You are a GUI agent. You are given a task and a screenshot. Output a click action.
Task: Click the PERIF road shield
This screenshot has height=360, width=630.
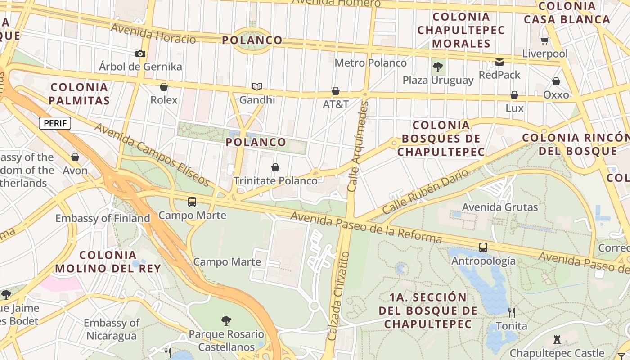[55, 123]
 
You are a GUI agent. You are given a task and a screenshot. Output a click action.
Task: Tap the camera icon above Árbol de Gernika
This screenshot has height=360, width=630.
[140, 54]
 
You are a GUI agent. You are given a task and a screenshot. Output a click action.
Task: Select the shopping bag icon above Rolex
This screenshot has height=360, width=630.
[164, 87]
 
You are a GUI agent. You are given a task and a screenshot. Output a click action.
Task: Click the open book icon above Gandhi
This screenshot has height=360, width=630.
[257, 86]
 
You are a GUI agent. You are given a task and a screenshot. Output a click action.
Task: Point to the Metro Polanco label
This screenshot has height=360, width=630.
[370, 63]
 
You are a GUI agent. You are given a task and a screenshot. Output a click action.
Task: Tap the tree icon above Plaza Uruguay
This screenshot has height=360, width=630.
[437, 67]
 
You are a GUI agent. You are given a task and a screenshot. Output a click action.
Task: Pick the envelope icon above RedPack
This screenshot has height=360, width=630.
[499, 62]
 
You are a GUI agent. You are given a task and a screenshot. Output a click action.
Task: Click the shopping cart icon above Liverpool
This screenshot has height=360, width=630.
[544, 41]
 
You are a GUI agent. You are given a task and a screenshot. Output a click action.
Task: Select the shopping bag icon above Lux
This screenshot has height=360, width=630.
[514, 95]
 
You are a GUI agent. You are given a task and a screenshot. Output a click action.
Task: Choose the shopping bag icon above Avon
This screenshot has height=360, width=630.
[75, 157]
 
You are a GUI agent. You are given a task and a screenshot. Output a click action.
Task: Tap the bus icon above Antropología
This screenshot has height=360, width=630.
[483, 247]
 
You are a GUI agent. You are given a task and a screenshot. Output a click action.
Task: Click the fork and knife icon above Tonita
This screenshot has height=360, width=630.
[512, 312]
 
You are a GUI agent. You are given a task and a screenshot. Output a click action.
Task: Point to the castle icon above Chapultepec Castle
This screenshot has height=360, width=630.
[557, 340]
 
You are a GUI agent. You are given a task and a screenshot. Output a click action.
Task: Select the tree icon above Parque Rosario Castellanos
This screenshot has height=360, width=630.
[226, 321]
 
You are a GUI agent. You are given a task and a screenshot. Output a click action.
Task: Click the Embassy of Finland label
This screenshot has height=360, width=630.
[103, 219]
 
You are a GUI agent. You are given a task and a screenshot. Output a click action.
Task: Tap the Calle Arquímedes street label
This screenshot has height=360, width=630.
[359, 146]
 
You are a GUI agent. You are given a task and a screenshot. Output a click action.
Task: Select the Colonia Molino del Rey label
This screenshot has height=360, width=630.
[108, 262]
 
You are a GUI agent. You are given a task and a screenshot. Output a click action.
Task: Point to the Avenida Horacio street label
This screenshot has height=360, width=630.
[153, 34]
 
